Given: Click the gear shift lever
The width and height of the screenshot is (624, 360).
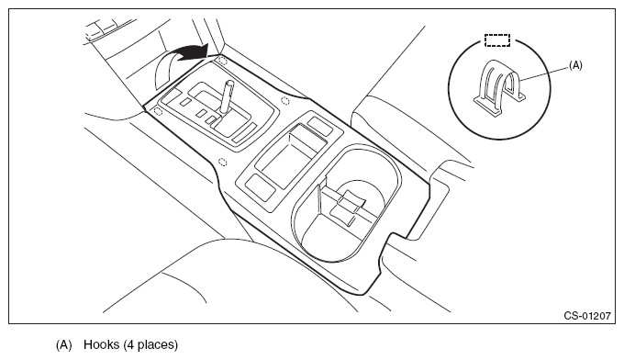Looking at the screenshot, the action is (227, 96).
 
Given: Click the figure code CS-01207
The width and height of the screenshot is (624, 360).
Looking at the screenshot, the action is (586, 315).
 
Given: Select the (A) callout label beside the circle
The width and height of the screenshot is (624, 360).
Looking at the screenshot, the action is (575, 66).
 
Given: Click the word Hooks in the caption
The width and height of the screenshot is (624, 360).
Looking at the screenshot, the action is (102, 344).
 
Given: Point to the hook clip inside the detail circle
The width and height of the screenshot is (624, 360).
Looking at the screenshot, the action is (499, 87).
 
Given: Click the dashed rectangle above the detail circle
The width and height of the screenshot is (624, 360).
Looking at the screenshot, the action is (497, 40).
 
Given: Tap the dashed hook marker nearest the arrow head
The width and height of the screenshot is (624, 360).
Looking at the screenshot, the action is (222, 61).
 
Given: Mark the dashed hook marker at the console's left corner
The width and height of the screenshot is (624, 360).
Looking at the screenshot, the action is (158, 111).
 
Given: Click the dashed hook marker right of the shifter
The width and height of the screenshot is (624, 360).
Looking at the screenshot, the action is (285, 100).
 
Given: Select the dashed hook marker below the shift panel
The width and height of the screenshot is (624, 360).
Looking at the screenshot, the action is (223, 162).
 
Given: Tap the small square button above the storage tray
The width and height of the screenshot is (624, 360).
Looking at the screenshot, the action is (320, 126).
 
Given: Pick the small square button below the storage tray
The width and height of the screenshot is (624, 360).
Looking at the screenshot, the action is (261, 186).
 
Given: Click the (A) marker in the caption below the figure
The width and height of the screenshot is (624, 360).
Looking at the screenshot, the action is (63, 344).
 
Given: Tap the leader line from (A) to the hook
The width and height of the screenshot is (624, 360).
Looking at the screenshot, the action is (544, 74).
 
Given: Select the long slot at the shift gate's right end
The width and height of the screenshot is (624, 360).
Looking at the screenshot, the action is (244, 132).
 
